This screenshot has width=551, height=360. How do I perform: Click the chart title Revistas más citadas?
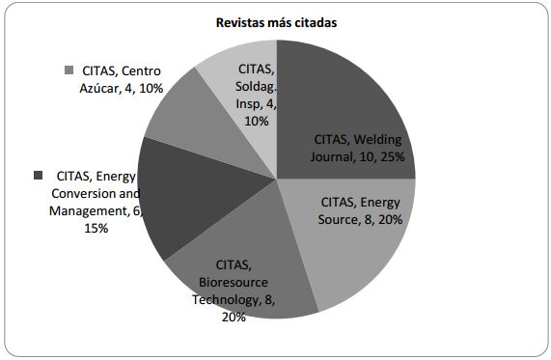pos(275,22)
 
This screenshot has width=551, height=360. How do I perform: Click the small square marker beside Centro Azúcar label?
pos(69,70)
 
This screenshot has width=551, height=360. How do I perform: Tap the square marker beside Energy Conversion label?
pos(39,175)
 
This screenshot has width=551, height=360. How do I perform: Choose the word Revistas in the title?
pos(239,22)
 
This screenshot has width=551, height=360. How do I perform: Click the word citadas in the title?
pos(314,22)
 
